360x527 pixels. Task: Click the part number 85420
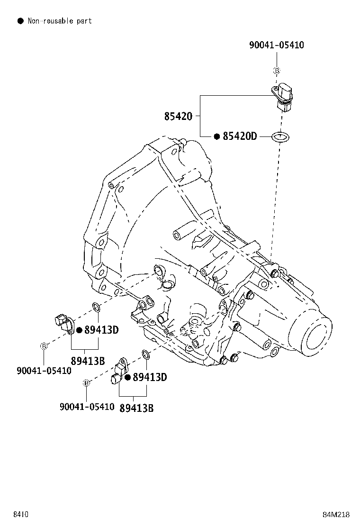pyautogui.click(x=178, y=116)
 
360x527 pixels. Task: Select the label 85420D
pyautogui.click(x=240, y=136)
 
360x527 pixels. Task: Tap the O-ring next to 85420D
pyautogui.click(x=280, y=137)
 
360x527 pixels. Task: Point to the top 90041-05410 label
pyautogui.click(x=276, y=45)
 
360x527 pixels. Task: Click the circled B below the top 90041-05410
pyautogui.click(x=277, y=71)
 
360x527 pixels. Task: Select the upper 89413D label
pyautogui.click(x=101, y=330)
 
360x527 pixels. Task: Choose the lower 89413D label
pyautogui.click(x=150, y=377)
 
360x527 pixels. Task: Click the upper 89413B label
pyautogui.click(x=88, y=361)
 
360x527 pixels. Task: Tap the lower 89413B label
pyautogui.click(x=137, y=408)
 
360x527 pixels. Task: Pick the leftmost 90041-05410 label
pyautogui.click(x=44, y=371)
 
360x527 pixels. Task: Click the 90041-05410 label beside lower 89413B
pyautogui.click(x=87, y=407)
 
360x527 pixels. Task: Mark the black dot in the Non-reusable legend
pyautogui.click(x=21, y=21)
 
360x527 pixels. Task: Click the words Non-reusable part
pyautogui.click(x=60, y=21)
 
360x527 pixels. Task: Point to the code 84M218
pyautogui.click(x=336, y=515)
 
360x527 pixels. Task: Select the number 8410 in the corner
pyautogui.click(x=21, y=515)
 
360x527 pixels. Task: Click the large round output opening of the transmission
pyautogui.click(x=317, y=337)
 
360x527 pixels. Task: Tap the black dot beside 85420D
pyautogui.click(x=217, y=136)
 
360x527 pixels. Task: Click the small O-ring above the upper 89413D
pyautogui.click(x=96, y=307)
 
